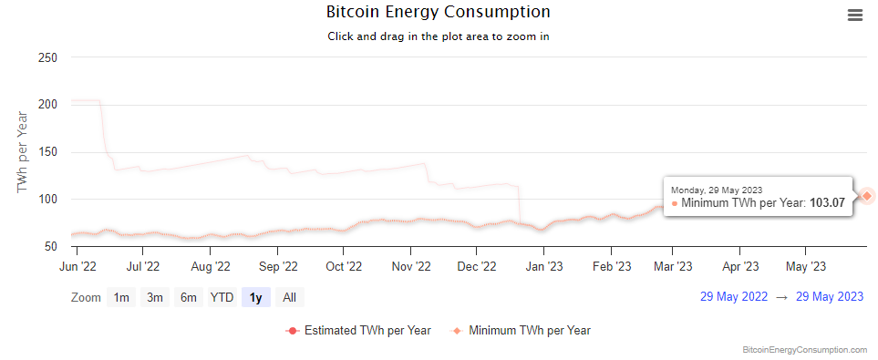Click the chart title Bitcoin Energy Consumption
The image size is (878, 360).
[x=439, y=12]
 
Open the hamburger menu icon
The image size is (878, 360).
[x=854, y=15]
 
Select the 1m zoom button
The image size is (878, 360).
[x=121, y=297]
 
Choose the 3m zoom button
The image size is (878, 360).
[x=155, y=297]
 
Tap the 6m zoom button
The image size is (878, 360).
[x=188, y=297]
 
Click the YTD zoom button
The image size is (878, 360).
[x=222, y=297]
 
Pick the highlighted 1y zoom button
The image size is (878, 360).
[x=255, y=297]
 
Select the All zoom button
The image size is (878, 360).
[x=289, y=297]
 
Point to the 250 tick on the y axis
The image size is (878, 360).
[x=47, y=57]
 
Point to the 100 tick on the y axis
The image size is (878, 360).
[x=47, y=200]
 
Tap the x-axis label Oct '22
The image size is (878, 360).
[x=345, y=267]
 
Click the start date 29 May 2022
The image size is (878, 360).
[x=734, y=297]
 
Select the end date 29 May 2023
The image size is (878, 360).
[x=829, y=297]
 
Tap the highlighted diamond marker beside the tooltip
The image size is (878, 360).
[x=867, y=195]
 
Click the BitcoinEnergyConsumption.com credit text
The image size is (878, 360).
[x=805, y=349]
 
